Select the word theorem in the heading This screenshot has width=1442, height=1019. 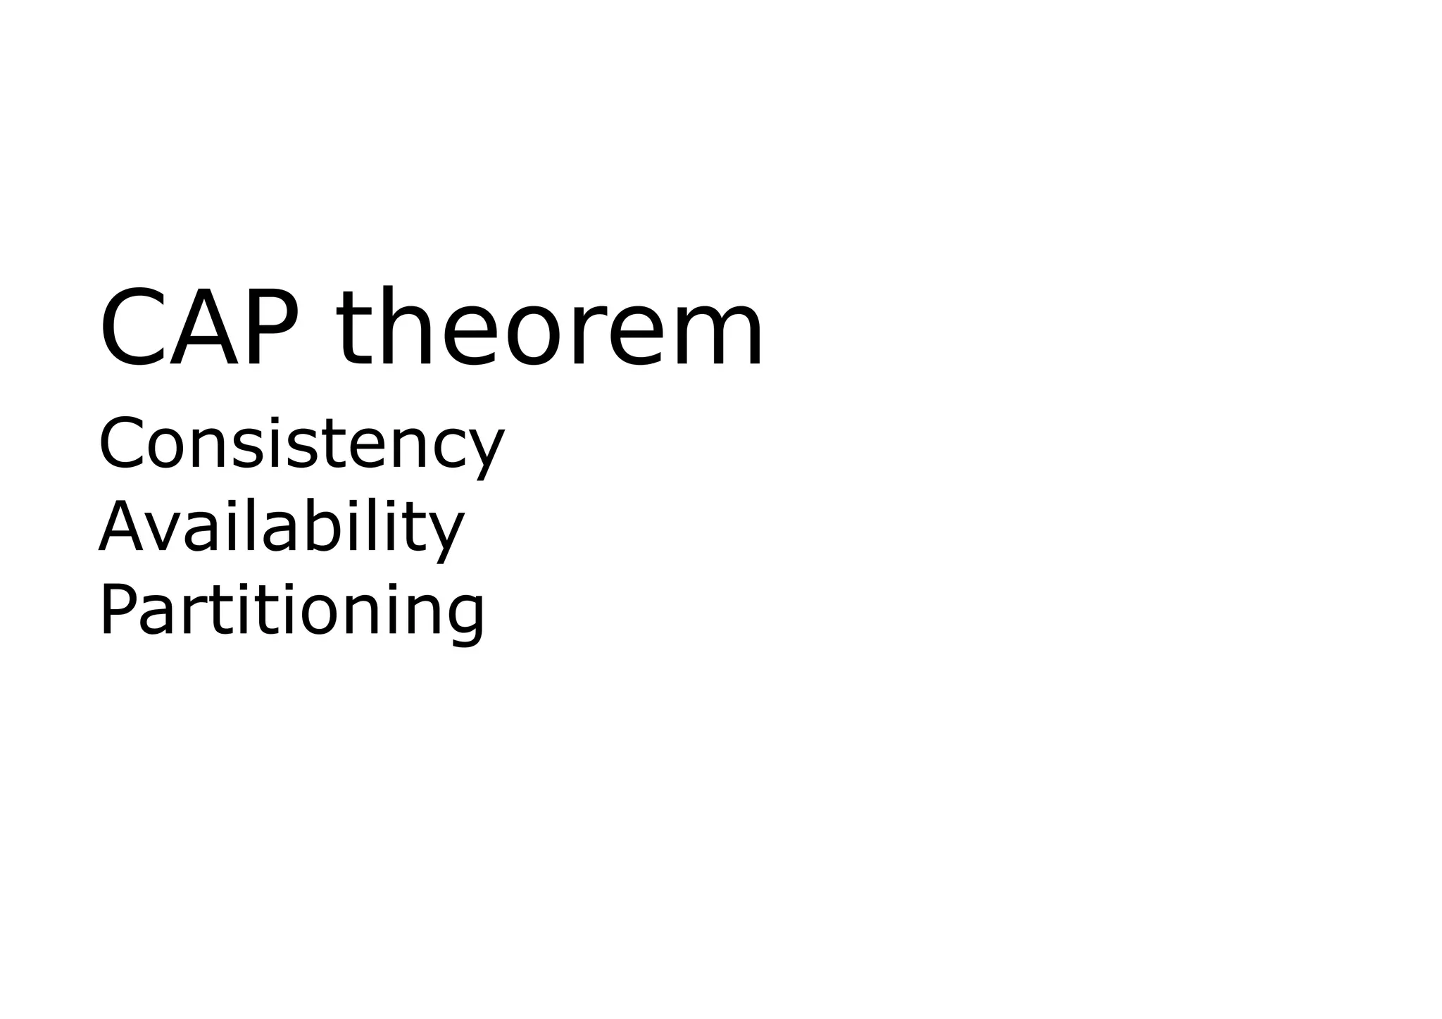point(549,327)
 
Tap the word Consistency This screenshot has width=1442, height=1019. point(301,444)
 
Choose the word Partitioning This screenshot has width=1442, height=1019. point(291,610)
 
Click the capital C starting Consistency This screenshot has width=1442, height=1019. point(120,443)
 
